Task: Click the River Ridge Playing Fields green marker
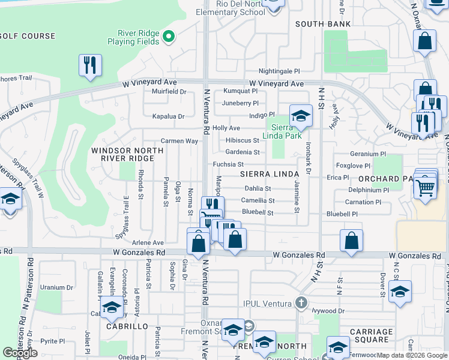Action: coord(169,37)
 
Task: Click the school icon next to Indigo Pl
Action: coord(301,115)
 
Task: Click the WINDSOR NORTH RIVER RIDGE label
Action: coord(122,154)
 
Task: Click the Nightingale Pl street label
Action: coord(279,71)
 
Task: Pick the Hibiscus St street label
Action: coord(243,140)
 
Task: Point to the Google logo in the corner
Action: coord(20,353)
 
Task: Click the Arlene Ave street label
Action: coord(149,242)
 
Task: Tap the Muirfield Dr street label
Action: coord(169,92)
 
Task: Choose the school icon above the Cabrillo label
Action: coord(112,308)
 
